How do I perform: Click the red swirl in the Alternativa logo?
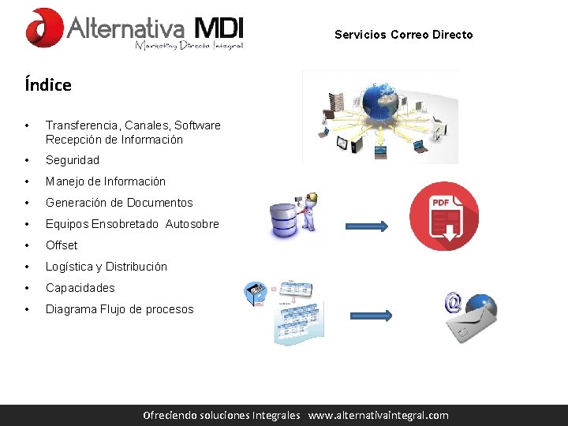[x=44, y=28]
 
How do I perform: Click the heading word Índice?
[x=48, y=85]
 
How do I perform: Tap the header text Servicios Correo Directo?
[x=403, y=35]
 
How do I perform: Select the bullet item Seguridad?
[x=73, y=160]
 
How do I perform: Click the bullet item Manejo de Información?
[x=106, y=181]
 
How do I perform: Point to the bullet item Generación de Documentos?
[x=119, y=203]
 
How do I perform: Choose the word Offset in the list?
[x=62, y=245]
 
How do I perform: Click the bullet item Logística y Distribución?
[x=106, y=267]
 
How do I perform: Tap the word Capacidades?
[x=80, y=288]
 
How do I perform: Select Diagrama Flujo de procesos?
[x=119, y=309]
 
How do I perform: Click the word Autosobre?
[x=192, y=224]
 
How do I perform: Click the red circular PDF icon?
[x=444, y=215]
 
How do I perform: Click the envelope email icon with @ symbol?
[x=472, y=317]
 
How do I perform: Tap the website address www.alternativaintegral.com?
[x=378, y=415]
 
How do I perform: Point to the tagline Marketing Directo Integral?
[x=189, y=46]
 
